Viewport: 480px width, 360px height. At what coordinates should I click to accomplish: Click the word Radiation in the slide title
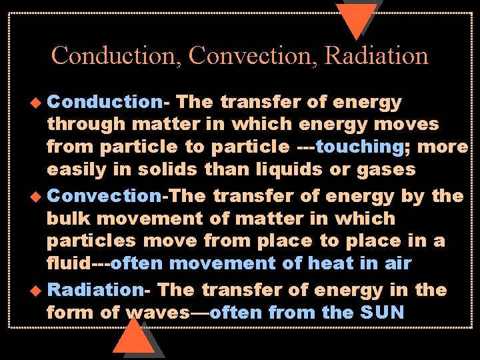pyautogui.click(x=376, y=55)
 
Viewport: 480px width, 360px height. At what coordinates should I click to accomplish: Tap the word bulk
pyautogui.click(x=68, y=218)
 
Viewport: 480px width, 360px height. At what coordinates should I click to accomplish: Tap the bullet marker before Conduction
pyautogui.click(x=39, y=103)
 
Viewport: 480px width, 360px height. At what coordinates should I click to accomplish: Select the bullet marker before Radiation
pyautogui.click(x=39, y=291)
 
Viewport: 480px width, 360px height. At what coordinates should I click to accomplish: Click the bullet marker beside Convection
pyautogui.click(x=39, y=197)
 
